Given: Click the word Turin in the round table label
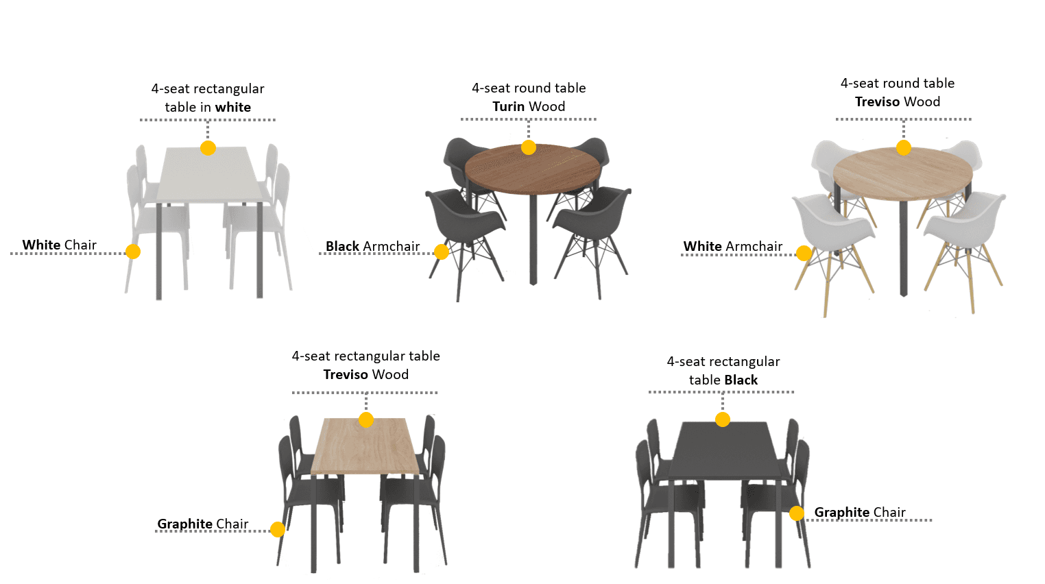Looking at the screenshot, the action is tap(509, 106).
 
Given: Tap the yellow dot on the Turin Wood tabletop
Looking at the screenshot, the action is tap(529, 147).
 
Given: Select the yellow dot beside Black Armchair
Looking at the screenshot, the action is tap(442, 252).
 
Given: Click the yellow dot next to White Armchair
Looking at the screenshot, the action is tap(804, 254).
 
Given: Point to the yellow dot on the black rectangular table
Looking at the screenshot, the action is tap(723, 419).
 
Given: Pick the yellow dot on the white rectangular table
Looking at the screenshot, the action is tap(208, 148).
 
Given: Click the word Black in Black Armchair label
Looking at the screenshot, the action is tap(342, 246).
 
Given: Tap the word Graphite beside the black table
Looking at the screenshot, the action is tap(841, 512).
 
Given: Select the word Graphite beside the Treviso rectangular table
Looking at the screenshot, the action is tap(184, 524).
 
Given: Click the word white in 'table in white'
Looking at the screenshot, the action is tap(233, 108).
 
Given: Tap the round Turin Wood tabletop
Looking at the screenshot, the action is tap(532, 169).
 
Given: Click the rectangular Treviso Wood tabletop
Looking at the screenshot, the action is tap(365, 446).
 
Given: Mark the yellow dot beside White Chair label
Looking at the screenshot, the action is tap(133, 252).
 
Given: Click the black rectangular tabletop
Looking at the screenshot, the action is tap(725, 450).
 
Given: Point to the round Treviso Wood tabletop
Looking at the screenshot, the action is tap(903, 173).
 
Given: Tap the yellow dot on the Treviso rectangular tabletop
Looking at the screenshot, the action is tap(366, 419).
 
